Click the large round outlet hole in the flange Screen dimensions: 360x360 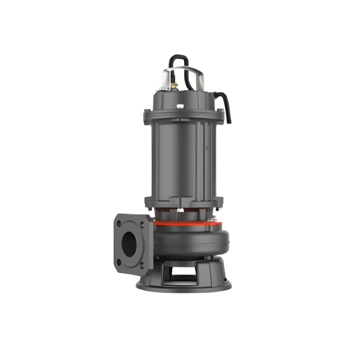(129, 243)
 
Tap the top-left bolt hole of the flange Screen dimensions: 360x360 (118, 223)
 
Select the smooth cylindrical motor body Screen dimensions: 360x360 (180, 157)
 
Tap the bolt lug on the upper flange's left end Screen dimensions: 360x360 (147, 112)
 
